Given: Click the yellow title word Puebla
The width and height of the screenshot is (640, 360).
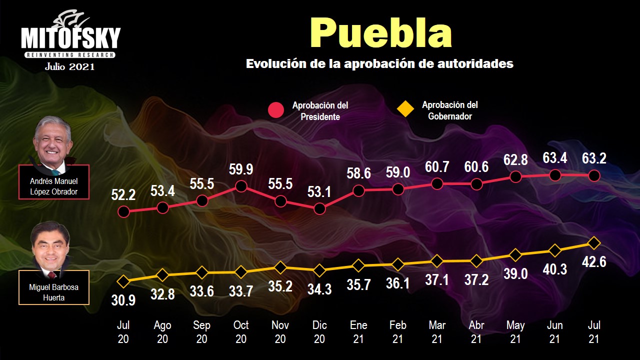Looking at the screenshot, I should (x=380, y=33).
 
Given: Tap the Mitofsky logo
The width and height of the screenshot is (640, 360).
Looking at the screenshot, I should (x=70, y=38).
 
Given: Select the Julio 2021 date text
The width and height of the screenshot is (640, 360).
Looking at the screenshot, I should (x=69, y=66).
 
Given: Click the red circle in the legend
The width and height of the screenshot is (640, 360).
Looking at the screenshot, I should (x=276, y=110).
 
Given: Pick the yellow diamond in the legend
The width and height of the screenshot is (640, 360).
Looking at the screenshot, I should (x=405, y=108).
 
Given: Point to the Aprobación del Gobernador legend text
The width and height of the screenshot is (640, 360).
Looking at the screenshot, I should (x=450, y=110).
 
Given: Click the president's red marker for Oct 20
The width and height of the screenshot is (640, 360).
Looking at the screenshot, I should (x=241, y=186).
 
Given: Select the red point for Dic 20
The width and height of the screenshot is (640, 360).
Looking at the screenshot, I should (x=319, y=208).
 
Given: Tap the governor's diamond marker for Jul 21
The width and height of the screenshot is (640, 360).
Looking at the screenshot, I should (x=593, y=243).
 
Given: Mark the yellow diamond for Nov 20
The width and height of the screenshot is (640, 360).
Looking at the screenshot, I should (x=280, y=267).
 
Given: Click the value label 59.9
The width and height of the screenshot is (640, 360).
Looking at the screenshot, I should (x=241, y=170).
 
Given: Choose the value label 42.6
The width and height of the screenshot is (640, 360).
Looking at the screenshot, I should (x=593, y=262).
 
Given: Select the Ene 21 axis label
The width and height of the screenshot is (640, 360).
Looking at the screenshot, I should (x=358, y=332).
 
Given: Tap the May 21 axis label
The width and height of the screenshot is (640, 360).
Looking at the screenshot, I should (x=515, y=332).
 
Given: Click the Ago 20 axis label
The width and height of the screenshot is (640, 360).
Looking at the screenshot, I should (x=162, y=332).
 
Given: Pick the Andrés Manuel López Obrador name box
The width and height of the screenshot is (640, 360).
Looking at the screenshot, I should (x=54, y=186).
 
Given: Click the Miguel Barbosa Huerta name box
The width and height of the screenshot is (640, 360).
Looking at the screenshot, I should (x=53, y=292).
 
